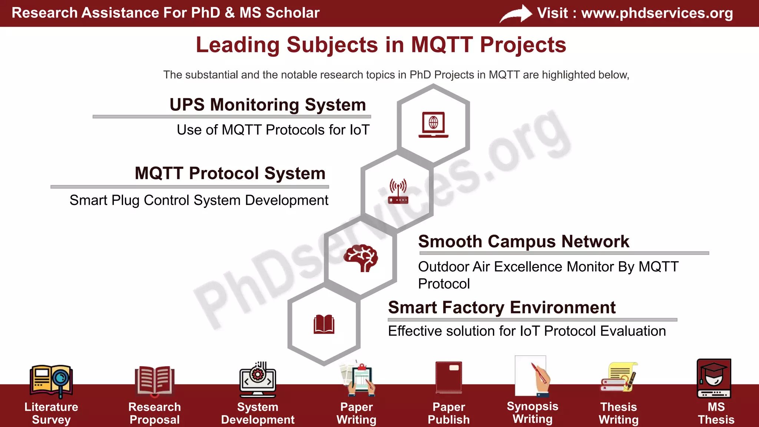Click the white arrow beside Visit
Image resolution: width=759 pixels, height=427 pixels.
[x=516, y=14]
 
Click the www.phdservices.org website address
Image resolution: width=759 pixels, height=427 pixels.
[x=657, y=13]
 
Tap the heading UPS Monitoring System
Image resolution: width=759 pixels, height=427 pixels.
[x=268, y=105]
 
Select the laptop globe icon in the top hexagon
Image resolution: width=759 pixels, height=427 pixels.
[x=433, y=124]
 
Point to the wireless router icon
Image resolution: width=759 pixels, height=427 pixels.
[x=398, y=191]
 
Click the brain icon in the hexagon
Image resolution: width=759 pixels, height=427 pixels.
[x=361, y=258]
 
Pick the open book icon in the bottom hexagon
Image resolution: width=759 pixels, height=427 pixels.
[x=324, y=325]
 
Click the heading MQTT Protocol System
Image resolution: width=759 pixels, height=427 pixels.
[x=230, y=173]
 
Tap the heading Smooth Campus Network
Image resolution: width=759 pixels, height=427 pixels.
[x=523, y=241]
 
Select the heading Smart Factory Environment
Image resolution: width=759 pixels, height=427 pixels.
[x=501, y=307]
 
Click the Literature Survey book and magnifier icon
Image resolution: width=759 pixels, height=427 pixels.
[x=51, y=380]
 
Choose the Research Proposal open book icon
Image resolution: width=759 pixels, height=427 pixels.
[x=155, y=380]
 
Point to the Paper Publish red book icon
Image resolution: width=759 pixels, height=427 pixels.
[x=449, y=377]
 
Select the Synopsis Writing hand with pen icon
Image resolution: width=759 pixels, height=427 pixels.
[x=533, y=376]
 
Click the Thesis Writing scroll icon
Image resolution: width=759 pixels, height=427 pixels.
[x=619, y=377]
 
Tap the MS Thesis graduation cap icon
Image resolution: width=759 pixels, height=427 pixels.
[x=714, y=378]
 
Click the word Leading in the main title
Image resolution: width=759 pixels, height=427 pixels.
[x=237, y=45]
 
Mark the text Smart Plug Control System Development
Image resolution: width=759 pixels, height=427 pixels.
[x=199, y=200]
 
